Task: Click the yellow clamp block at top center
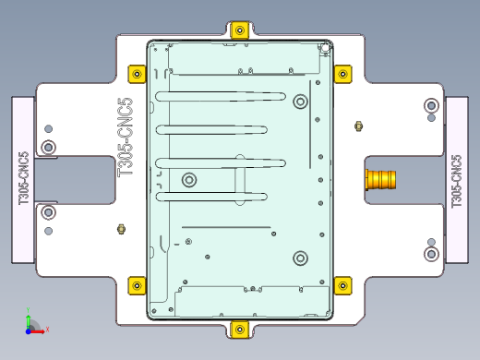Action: coord(240,30)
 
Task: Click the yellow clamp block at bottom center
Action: coord(240,329)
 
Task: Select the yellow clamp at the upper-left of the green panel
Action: coord(137,73)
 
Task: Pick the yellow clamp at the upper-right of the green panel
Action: coord(342,73)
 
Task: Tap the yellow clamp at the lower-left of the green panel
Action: coord(137,284)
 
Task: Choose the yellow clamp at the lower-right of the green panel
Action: coord(342,284)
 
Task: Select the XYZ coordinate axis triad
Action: coord(30,323)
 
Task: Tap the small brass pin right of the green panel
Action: coord(358,126)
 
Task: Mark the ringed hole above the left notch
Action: coord(49,147)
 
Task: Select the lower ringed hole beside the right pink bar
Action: coord(430,253)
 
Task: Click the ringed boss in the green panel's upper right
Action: coord(300,102)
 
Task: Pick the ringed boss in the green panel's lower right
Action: coord(299,258)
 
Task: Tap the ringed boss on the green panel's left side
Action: coord(189,179)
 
